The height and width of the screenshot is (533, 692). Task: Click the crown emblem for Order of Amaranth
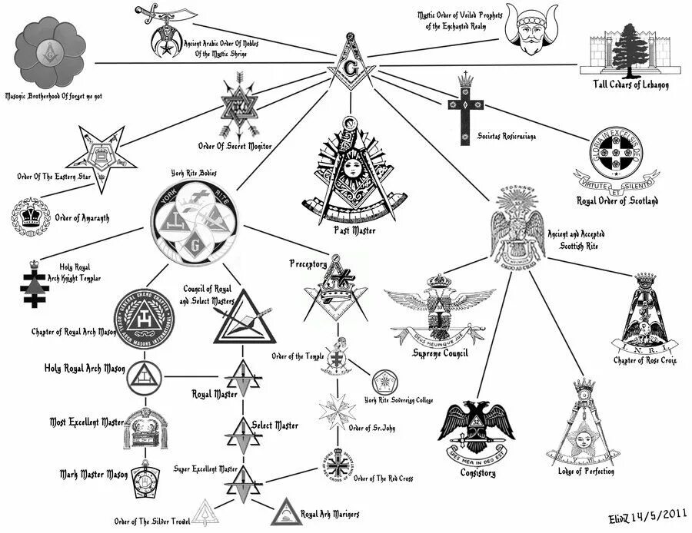click(x=31, y=217)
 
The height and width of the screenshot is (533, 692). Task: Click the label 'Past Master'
click(x=350, y=229)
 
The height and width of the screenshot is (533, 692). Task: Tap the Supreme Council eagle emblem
click(x=439, y=311)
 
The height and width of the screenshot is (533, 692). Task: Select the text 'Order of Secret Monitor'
click(x=235, y=145)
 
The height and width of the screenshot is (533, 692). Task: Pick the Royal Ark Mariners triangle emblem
click(x=285, y=509)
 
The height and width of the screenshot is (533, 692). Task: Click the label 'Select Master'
click(x=274, y=425)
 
